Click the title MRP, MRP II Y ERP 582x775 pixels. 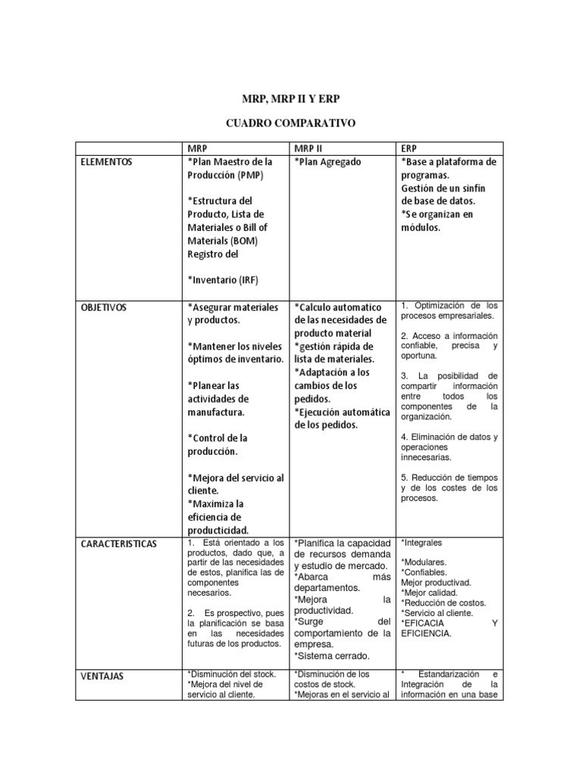(292, 99)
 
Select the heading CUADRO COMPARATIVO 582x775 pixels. (292, 123)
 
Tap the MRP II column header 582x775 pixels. (308, 148)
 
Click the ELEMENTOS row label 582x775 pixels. (106, 162)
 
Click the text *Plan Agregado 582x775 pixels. (327, 162)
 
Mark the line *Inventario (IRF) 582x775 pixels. (224, 281)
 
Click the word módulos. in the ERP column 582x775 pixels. (420, 227)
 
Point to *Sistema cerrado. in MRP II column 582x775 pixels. (331, 656)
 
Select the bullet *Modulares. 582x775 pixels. (424, 562)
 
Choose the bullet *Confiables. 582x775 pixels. (424, 573)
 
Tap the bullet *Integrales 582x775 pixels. (421, 543)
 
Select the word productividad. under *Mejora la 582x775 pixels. (324, 610)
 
